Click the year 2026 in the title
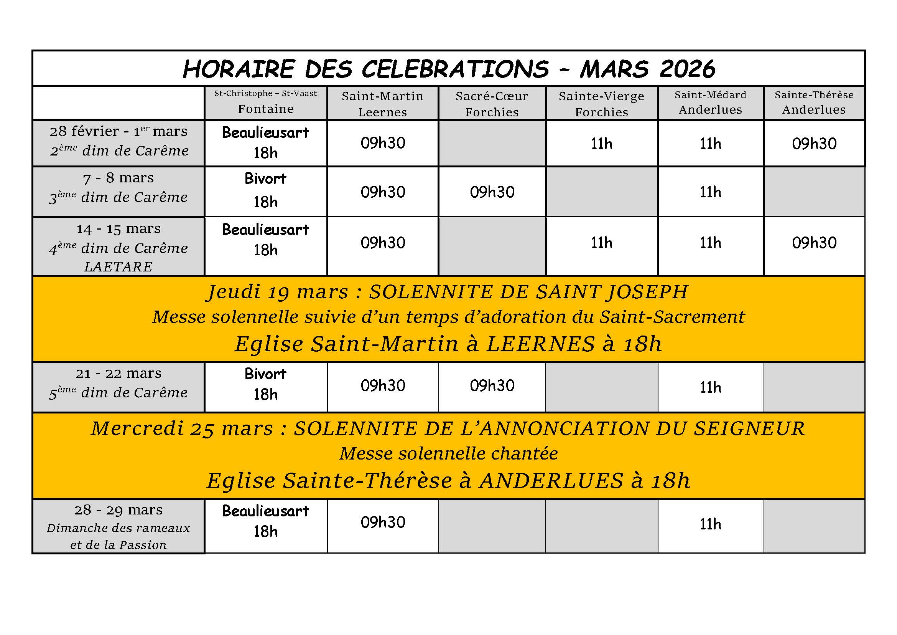point(687,69)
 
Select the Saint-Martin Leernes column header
point(382,104)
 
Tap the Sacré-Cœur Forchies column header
point(492,104)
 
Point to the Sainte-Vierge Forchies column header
point(601,104)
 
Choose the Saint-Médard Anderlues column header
point(710,103)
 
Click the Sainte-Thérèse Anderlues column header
point(814,103)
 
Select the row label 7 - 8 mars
point(119,178)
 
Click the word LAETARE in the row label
point(119,267)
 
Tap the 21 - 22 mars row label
point(119,374)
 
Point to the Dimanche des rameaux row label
point(119,528)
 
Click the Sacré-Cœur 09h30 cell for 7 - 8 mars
point(492,192)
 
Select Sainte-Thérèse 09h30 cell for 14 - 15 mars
point(814,243)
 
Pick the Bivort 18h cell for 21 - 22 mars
point(266,384)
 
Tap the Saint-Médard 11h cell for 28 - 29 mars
point(710,524)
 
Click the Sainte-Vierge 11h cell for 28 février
point(601,144)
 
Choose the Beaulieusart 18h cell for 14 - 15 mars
point(266,240)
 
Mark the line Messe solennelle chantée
point(449,453)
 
